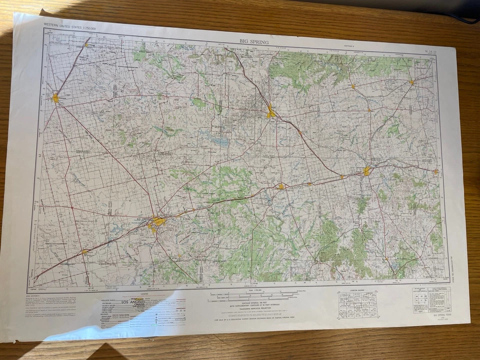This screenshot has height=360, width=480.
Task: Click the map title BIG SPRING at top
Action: point(253,42)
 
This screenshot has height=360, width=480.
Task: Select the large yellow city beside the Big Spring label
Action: point(159,220)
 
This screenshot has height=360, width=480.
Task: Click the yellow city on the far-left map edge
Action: point(55,98)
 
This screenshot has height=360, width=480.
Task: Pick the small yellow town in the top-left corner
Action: point(86,45)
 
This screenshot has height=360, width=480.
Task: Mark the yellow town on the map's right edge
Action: point(435,171)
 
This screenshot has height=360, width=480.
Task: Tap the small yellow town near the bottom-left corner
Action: point(84,251)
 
